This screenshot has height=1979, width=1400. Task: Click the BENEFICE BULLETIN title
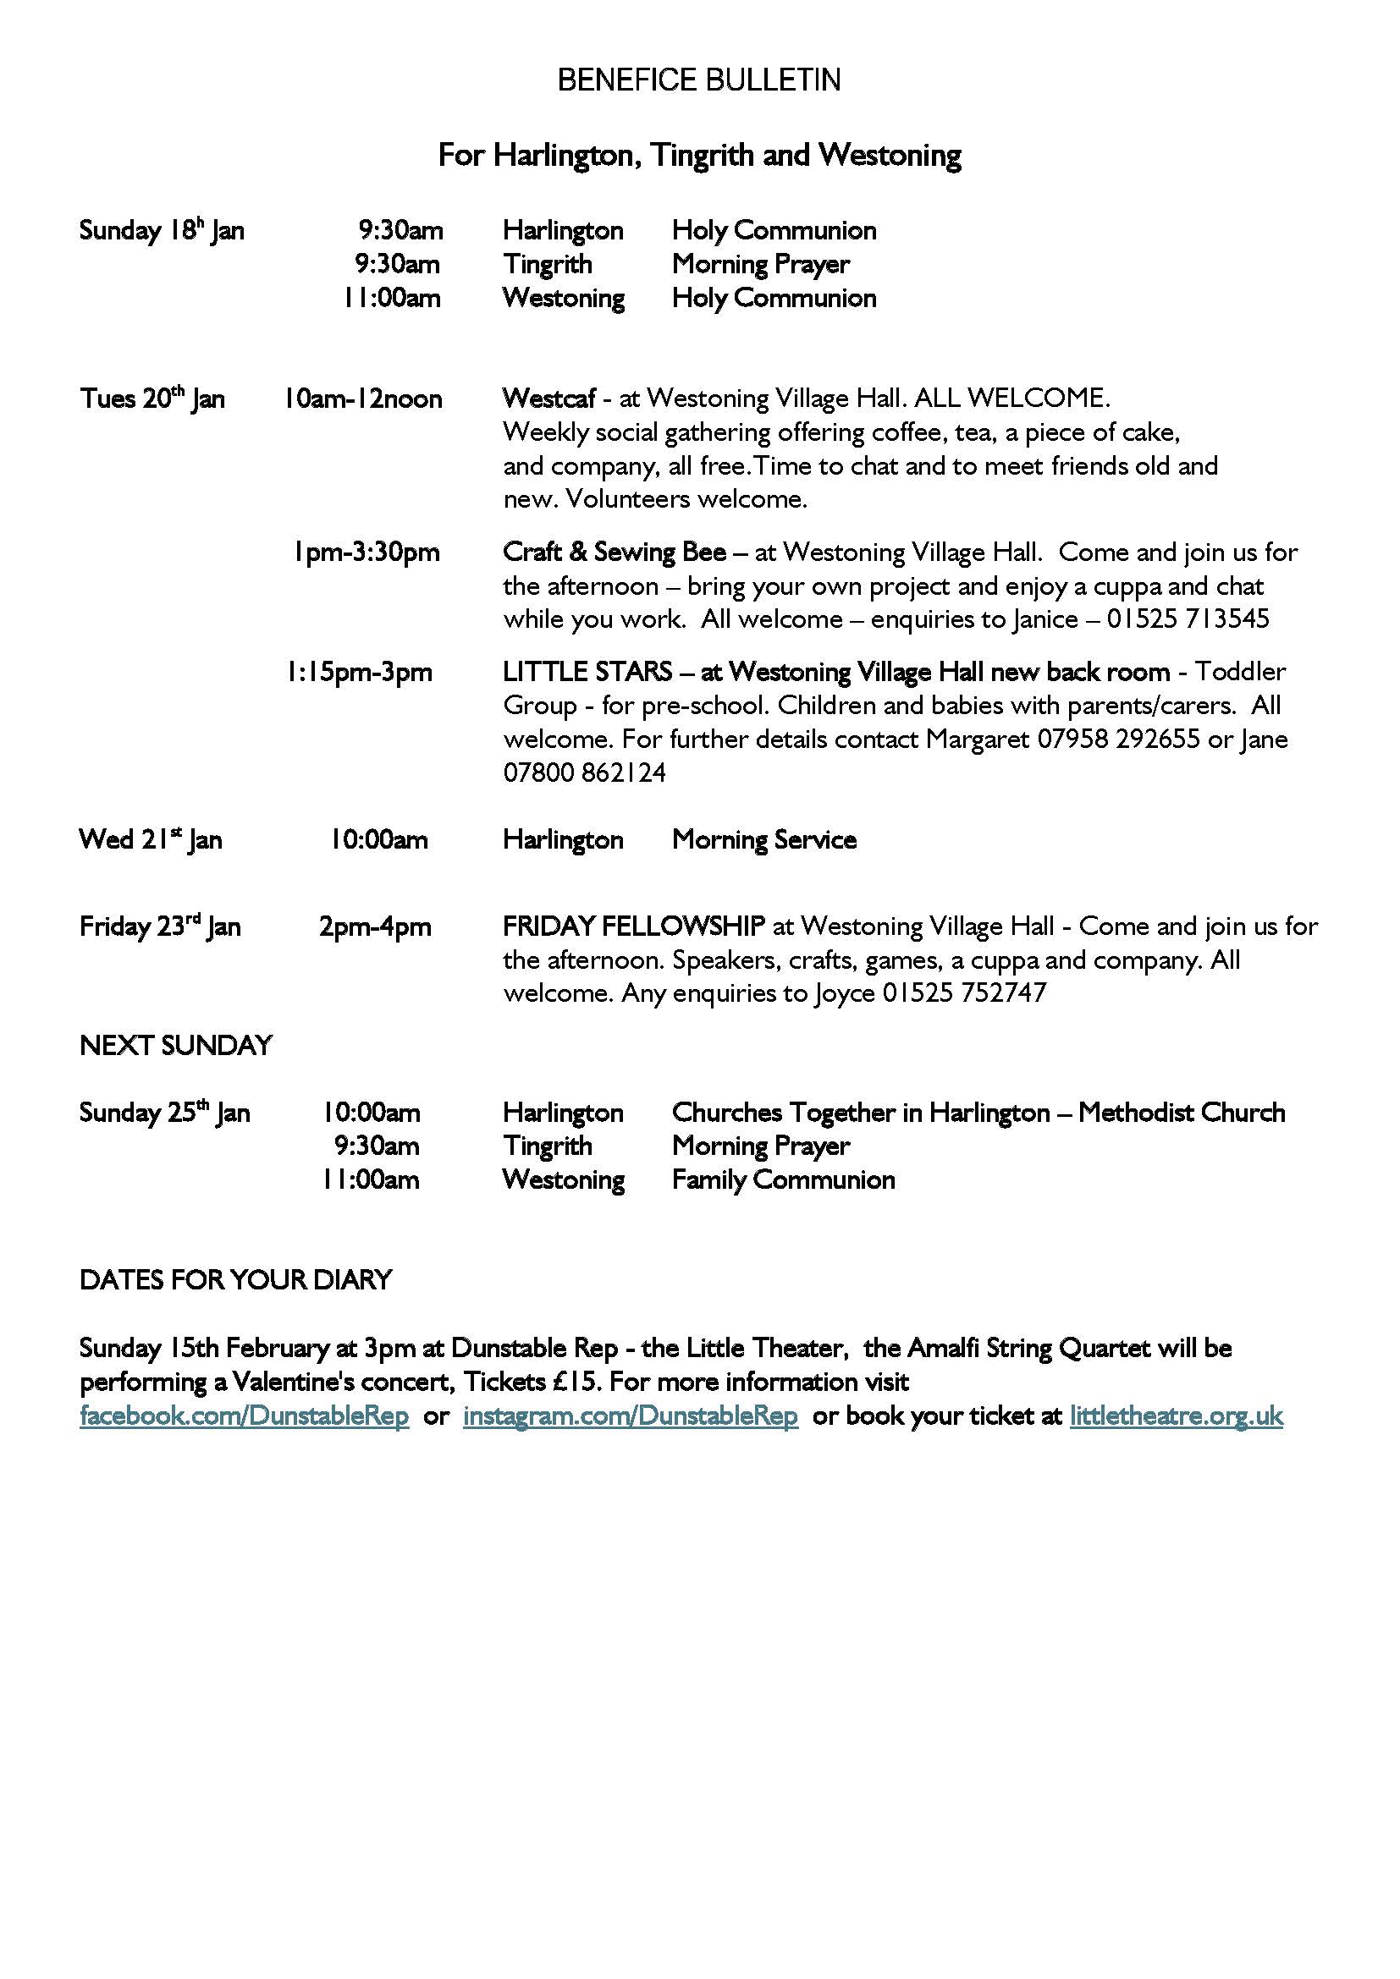tap(699, 80)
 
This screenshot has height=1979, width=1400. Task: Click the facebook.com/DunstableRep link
tap(244, 1416)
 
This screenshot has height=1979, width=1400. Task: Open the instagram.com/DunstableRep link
tap(631, 1416)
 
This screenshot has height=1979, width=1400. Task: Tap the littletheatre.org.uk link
tap(1176, 1416)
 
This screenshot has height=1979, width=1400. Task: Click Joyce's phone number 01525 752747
tap(964, 993)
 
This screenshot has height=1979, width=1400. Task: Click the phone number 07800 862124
tap(585, 773)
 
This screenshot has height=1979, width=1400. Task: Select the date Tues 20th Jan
tap(152, 399)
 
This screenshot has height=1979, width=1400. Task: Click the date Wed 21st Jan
tap(151, 839)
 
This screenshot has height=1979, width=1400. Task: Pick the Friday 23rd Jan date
tap(160, 926)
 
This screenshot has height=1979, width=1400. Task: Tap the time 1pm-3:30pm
tap(367, 552)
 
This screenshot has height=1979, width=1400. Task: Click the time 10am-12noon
tap(363, 399)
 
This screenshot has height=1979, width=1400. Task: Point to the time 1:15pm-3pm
tap(360, 673)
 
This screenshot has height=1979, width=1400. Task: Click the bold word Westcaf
tap(549, 399)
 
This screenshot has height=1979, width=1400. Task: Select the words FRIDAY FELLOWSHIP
tap(634, 926)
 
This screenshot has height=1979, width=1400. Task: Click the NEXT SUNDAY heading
tap(176, 1046)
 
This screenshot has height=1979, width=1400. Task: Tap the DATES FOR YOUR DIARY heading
tap(235, 1280)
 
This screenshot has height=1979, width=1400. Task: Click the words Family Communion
tap(783, 1180)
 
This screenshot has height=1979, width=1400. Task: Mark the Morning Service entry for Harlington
tap(763, 840)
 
